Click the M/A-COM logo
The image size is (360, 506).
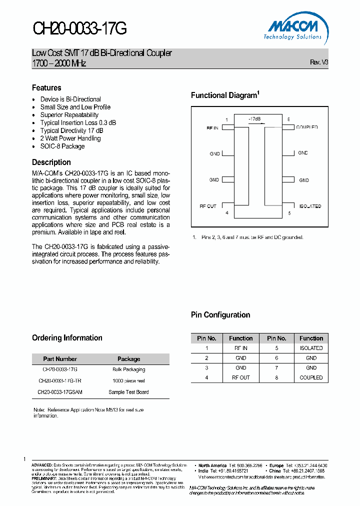pos(293,28)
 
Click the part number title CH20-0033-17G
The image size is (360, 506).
pos(80,28)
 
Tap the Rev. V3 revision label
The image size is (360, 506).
pos(319,62)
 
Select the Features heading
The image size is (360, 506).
pos(46,87)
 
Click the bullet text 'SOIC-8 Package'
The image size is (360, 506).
pos(62,146)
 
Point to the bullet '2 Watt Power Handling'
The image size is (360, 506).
pos(70,138)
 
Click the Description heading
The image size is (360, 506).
pos(51,162)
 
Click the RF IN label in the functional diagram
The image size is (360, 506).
pos(212,128)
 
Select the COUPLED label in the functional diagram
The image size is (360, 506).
pos(307,127)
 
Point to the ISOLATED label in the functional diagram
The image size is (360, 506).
pos(310,206)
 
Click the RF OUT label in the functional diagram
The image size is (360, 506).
pos(208,206)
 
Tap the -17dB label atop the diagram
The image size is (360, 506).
pos(254,119)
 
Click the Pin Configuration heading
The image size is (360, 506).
pos(220,314)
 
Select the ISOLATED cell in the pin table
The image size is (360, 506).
pos(311,348)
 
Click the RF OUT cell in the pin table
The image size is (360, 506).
pos(240,377)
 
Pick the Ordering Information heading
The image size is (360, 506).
pos(67,337)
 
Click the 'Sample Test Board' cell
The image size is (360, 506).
pos(128,392)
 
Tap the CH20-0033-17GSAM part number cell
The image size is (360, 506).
pos(60,392)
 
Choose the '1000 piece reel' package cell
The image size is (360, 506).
pos(128,380)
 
